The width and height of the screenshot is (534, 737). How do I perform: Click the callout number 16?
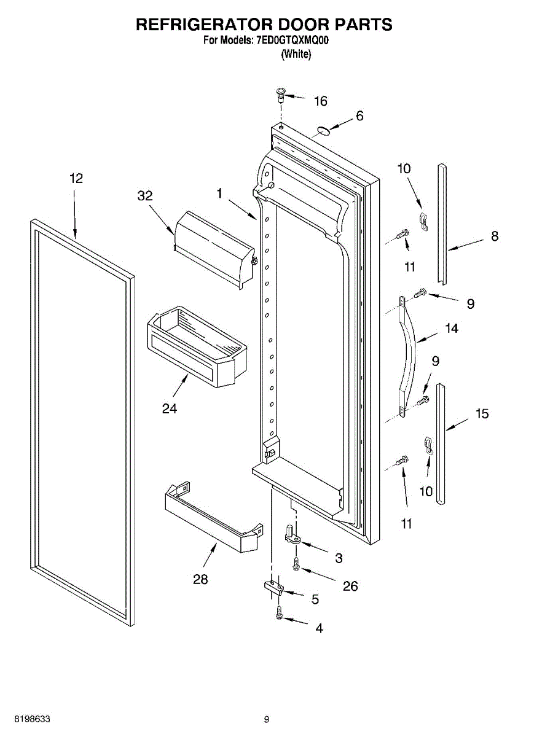tap(321, 101)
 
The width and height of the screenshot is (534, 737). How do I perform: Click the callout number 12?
tap(76, 179)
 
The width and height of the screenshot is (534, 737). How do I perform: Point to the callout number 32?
tap(145, 196)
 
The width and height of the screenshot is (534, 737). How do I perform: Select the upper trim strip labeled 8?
tap(442, 221)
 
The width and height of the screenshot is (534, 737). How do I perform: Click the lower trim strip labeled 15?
tap(441, 443)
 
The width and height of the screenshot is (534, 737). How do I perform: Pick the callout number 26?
tap(350, 586)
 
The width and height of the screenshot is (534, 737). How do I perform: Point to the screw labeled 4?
tap(280, 612)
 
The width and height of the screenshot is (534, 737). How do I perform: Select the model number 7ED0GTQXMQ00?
tap(293, 42)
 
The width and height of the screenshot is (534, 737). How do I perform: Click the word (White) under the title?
tap(296, 54)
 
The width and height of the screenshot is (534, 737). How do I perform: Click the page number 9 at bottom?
tap(266, 719)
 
